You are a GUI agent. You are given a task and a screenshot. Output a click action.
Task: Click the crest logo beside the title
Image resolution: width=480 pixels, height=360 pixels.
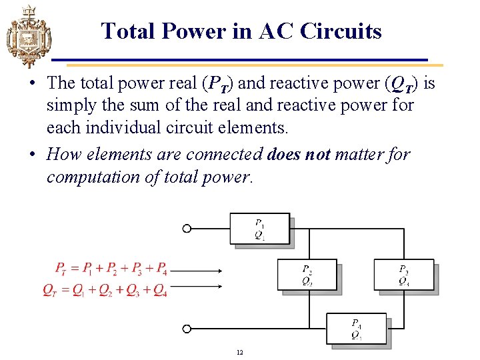point(27,36)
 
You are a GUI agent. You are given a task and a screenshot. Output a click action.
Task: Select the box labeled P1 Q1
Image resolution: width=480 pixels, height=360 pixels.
point(259,229)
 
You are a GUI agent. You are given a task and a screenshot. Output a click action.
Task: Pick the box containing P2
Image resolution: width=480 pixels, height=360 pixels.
point(307,275)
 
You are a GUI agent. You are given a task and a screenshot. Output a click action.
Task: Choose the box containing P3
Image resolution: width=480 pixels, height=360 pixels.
point(403,275)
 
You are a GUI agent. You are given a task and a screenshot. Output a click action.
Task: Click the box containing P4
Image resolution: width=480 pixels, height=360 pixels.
point(356,329)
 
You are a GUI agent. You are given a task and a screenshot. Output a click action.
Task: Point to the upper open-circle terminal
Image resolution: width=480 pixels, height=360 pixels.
point(187,229)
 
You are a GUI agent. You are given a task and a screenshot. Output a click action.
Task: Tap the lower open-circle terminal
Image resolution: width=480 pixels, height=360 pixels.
point(187,329)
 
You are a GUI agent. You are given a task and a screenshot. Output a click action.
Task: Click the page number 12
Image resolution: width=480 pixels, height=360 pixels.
point(240,352)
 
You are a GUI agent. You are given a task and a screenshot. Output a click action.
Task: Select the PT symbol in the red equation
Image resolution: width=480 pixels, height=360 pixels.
point(61,269)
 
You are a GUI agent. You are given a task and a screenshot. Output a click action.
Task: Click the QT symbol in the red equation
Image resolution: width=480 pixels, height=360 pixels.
point(49,289)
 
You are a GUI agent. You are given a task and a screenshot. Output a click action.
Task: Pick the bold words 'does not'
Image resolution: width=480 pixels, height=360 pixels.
point(299,155)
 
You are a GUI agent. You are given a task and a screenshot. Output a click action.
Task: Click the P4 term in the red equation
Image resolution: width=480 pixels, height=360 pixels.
point(161,269)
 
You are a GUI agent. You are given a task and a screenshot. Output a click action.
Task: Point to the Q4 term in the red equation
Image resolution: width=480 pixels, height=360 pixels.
point(160,289)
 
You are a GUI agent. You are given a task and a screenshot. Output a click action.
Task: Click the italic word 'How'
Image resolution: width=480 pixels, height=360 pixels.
point(62,155)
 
